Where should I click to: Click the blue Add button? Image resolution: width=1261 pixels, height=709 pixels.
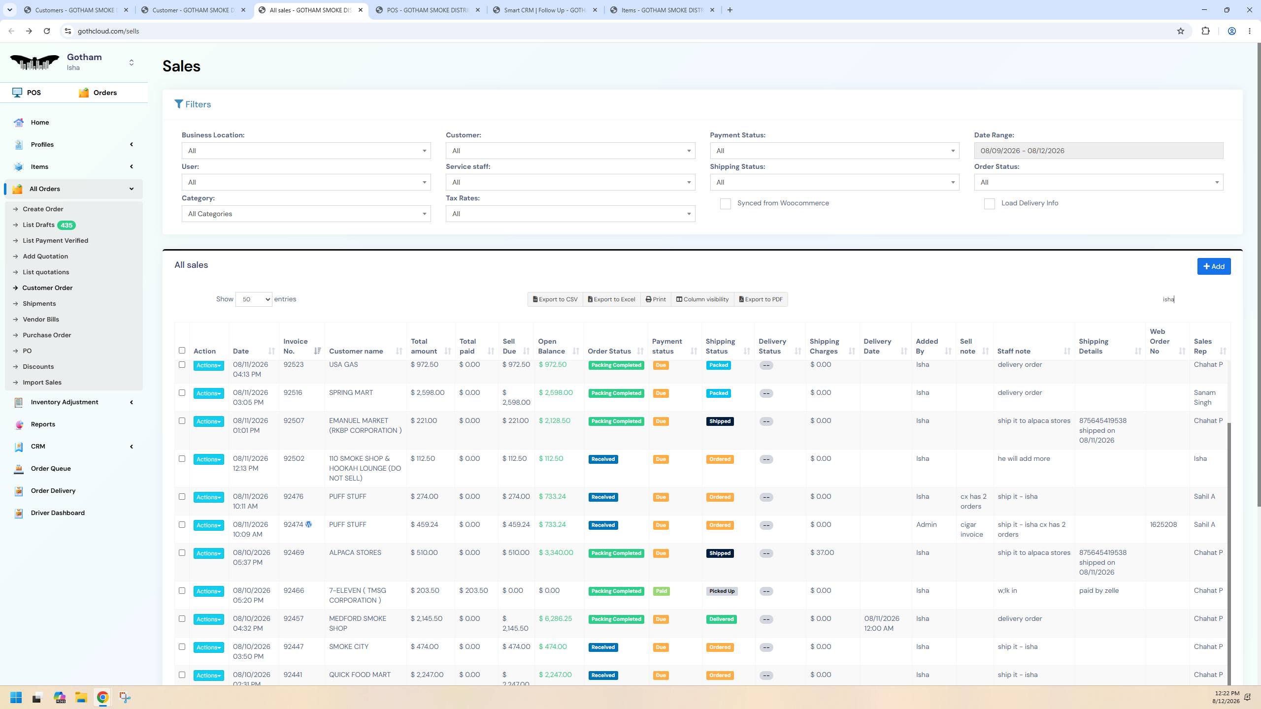[1214, 266]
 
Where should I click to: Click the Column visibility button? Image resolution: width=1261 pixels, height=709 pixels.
[702, 299]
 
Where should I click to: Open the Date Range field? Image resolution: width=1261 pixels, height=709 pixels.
[1098, 151]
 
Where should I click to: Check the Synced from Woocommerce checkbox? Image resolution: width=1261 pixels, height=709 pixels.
[725, 204]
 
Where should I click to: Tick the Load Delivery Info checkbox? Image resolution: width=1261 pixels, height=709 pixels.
[989, 204]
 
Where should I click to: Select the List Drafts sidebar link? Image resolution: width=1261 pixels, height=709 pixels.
[38, 225]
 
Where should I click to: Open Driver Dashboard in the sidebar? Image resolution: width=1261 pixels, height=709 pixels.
[58, 513]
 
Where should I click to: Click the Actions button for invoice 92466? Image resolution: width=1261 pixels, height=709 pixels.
[209, 591]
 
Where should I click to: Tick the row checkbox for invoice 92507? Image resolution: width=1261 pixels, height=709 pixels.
[182, 421]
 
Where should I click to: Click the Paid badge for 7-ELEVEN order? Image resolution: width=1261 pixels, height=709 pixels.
[661, 591]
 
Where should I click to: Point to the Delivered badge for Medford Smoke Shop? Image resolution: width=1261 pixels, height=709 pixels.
[721, 619]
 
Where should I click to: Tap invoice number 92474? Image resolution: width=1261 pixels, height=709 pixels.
[293, 525]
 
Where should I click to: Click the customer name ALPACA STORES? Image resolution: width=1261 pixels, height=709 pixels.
[355, 553]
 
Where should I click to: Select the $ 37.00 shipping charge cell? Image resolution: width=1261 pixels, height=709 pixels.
[822, 553]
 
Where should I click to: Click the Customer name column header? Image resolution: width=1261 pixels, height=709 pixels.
[356, 352]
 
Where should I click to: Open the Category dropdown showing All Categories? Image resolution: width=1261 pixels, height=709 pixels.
[306, 214]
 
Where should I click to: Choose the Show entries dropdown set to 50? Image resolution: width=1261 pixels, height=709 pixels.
[254, 299]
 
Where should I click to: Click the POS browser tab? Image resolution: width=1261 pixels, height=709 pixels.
[428, 10]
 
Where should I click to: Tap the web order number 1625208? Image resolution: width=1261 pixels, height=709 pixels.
[1163, 525]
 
